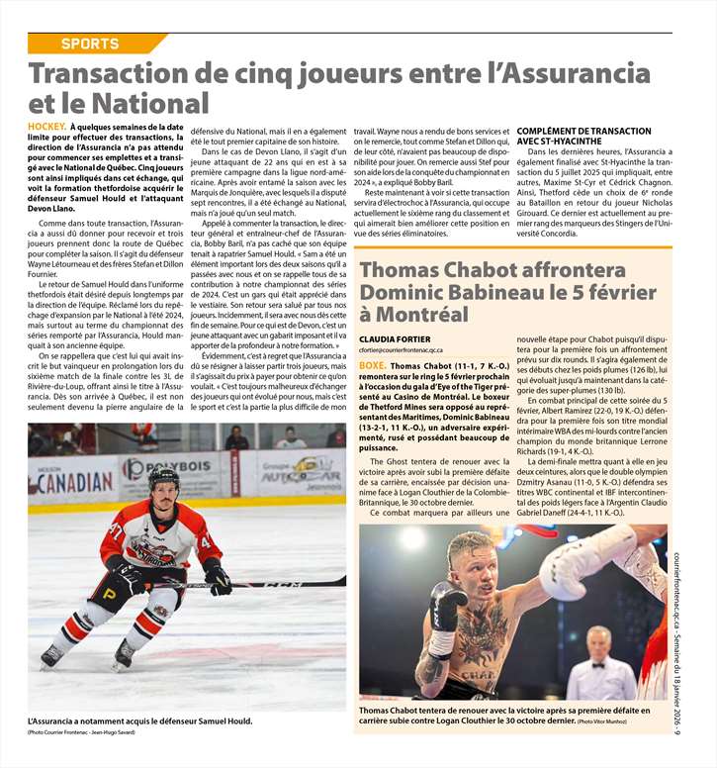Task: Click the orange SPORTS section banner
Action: (x=89, y=44)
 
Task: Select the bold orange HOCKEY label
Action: (x=46, y=128)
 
